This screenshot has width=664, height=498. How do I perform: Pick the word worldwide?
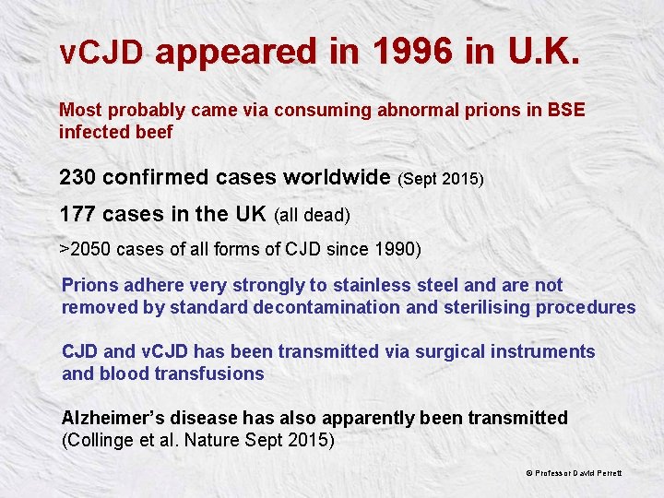pos(337,176)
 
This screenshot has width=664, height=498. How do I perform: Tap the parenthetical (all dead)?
pos(312,216)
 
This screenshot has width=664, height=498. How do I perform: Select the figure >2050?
pos(85,249)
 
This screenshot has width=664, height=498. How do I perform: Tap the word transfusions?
pos(212,373)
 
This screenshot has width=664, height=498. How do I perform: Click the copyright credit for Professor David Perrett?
pos(574,473)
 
